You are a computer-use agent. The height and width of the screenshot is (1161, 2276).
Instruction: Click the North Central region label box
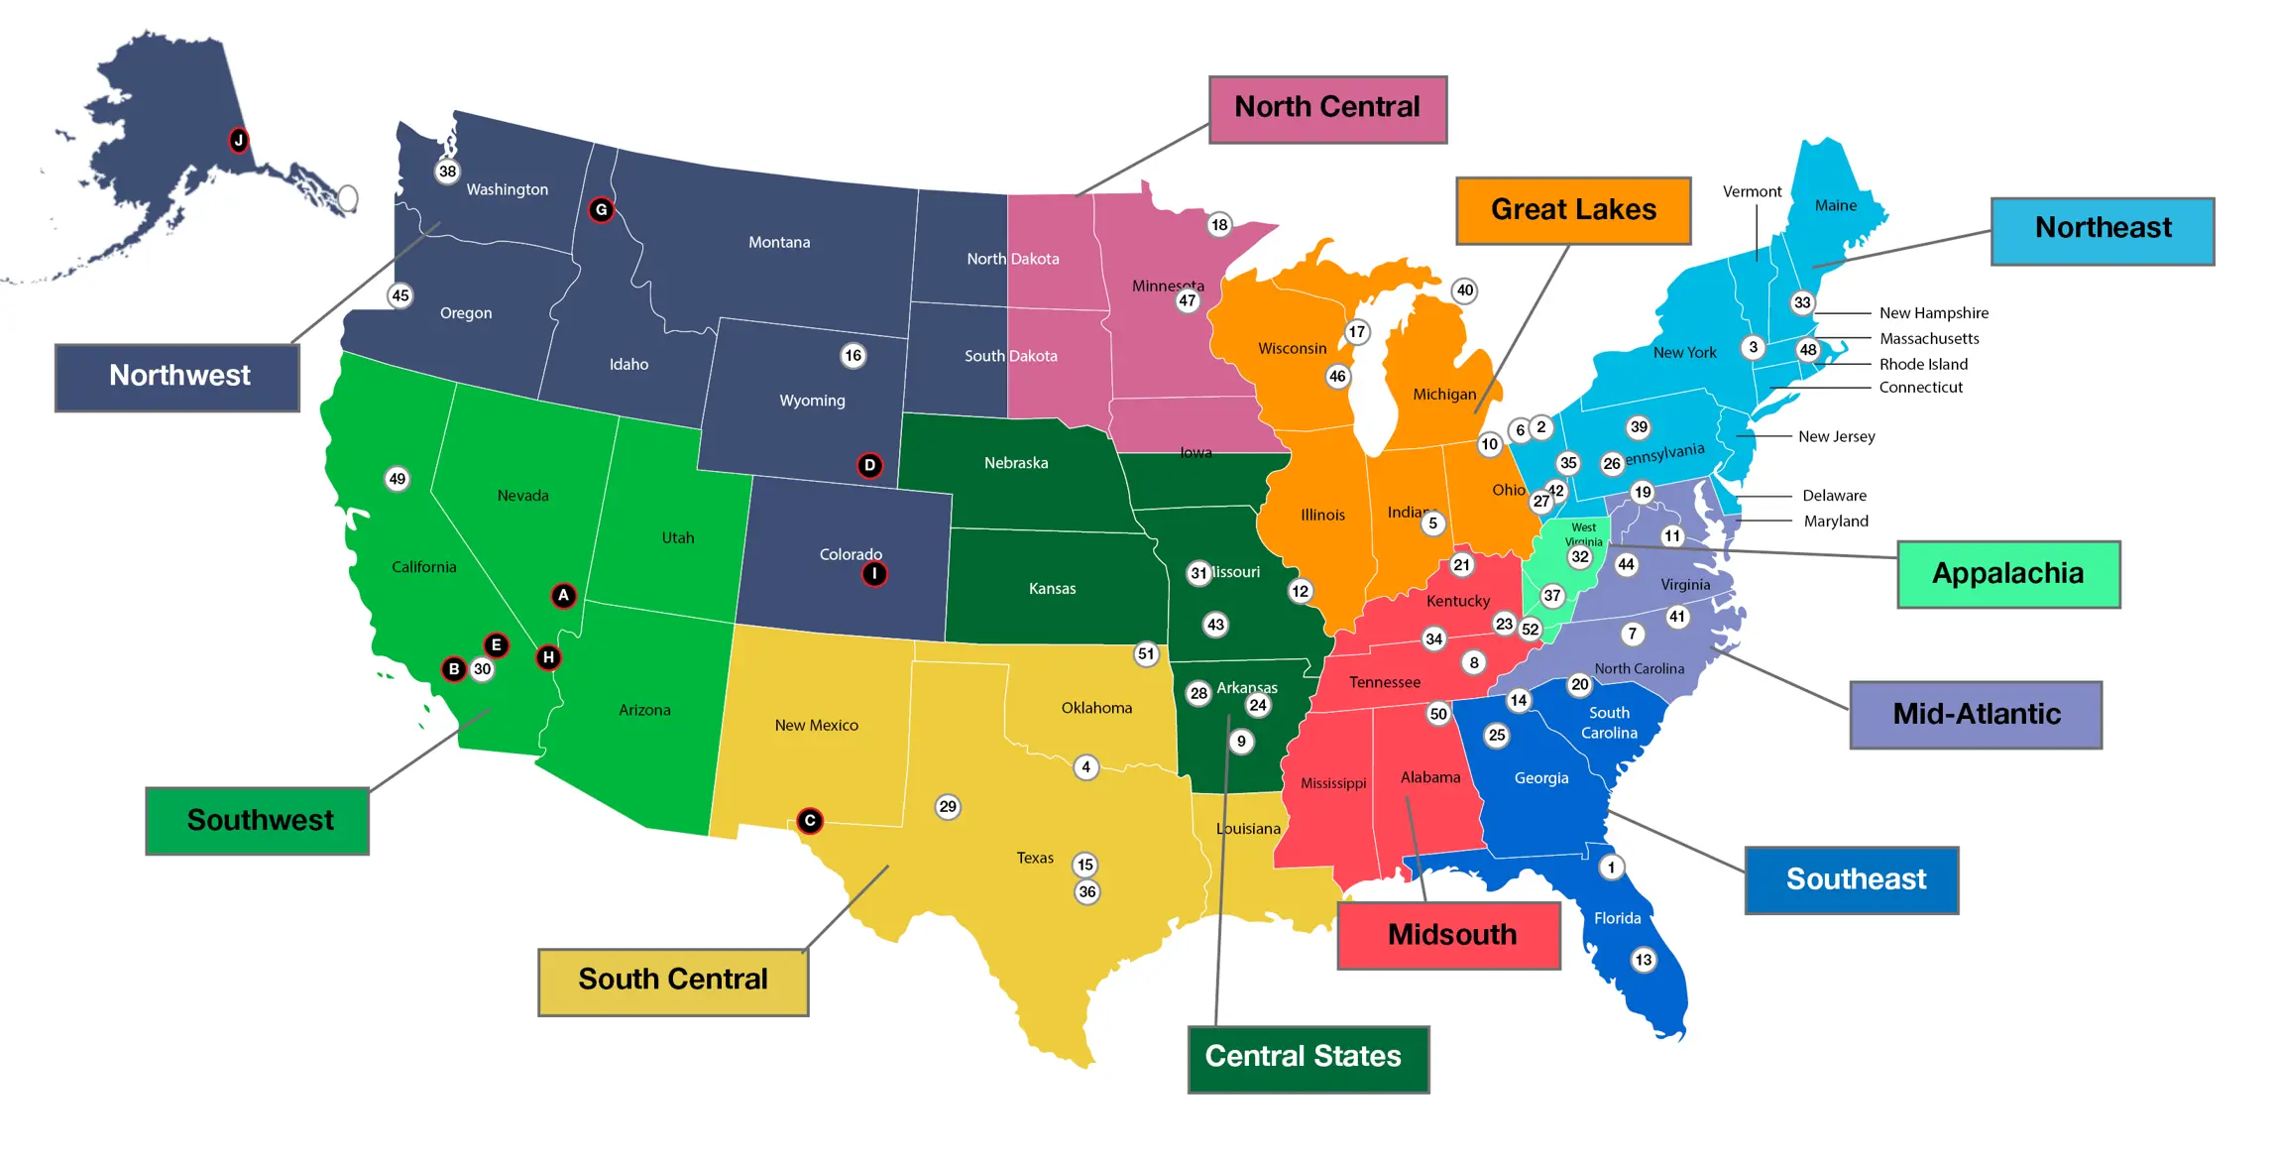click(1326, 109)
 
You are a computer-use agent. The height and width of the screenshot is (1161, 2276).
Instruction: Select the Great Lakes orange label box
click(1572, 210)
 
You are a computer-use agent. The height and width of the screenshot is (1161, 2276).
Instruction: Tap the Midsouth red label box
click(1448, 935)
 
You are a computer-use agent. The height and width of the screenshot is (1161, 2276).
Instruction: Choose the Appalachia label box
click(2007, 574)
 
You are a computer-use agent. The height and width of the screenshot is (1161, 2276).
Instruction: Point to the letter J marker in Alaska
click(238, 140)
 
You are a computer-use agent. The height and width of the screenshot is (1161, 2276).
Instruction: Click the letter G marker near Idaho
click(601, 210)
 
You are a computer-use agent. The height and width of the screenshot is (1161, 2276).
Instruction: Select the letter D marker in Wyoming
click(869, 465)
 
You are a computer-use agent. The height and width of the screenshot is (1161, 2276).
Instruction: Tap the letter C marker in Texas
click(810, 821)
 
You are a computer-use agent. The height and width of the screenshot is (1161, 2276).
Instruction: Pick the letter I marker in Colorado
click(873, 573)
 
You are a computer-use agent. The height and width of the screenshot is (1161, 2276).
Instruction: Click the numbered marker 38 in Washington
click(448, 172)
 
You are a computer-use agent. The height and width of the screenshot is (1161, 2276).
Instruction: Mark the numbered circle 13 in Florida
click(1644, 960)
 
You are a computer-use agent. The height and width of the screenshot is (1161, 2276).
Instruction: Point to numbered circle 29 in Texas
click(948, 806)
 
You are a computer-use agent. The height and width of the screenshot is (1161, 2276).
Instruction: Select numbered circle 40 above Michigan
click(1465, 290)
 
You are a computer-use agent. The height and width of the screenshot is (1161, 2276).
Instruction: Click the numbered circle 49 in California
click(398, 479)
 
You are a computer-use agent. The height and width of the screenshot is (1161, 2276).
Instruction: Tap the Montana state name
click(779, 242)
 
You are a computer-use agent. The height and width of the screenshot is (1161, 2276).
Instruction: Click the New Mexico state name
click(816, 726)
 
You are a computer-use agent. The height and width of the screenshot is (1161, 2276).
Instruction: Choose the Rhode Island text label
click(1923, 364)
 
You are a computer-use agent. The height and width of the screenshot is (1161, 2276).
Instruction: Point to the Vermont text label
click(1752, 191)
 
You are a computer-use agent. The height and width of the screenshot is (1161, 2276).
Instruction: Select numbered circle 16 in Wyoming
click(853, 356)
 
